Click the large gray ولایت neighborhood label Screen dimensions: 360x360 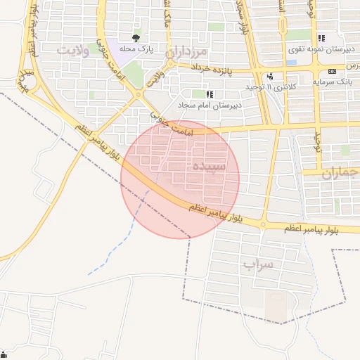click(x=76, y=50)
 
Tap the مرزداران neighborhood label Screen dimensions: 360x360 click(x=188, y=53)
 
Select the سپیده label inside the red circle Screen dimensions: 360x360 click(x=208, y=167)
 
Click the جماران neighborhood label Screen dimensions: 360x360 click(x=340, y=173)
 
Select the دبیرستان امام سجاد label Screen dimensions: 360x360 click(x=209, y=105)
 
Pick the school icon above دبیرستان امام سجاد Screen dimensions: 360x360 click(x=209, y=94)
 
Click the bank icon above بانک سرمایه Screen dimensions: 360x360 click(x=332, y=72)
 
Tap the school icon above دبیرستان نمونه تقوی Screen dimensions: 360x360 click(x=321, y=39)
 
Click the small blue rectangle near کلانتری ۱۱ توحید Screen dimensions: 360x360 click(x=291, y=62)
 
